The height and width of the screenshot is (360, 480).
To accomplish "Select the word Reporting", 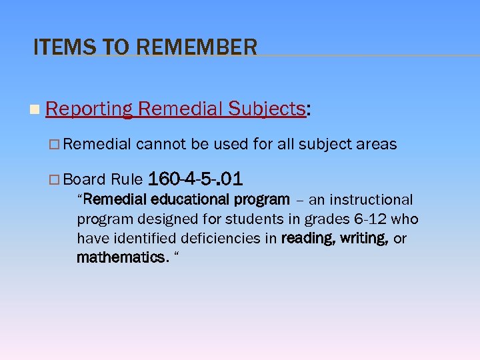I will (89, 109).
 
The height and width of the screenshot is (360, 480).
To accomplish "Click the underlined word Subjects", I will (266, 109).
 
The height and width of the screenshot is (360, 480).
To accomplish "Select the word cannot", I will (161, 144).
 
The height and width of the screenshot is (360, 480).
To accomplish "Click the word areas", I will (377, 144).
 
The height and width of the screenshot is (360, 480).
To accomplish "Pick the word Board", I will (85, 179).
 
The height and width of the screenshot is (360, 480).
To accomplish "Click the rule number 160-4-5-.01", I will (195, 179).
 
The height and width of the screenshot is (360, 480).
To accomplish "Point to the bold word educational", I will (193, 199).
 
